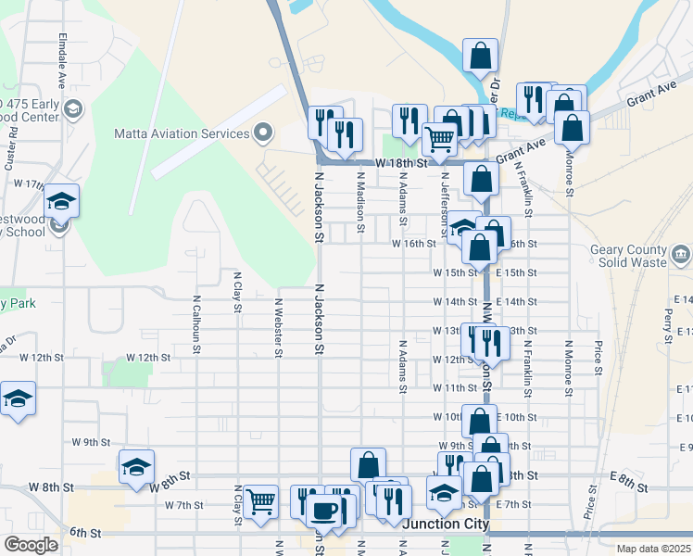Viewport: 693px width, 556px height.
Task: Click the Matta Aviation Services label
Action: click(x=182, y=133)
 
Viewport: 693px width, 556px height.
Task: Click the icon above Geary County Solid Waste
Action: click(x=680, y=253)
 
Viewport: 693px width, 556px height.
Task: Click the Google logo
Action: click(x=31, y=545)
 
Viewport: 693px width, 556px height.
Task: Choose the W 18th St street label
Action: click(x=405, y=162)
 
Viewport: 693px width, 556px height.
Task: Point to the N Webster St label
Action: click(x=278, y=326)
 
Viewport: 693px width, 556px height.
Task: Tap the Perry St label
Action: click(x=667, y=325)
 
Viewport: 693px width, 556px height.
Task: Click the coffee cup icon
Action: click(x=324, y=510)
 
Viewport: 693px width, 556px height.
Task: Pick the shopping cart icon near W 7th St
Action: click(x=260, y=501)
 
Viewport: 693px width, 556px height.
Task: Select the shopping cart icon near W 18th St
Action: click(x=440, y=139)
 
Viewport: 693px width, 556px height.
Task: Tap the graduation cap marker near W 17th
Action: click(x=61, y=201)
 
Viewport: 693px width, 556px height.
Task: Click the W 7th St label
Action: click(x=183, y=505)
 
